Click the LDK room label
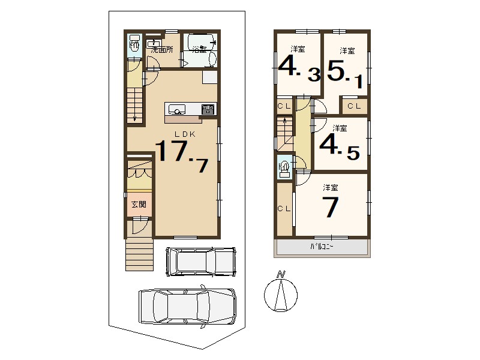[x=185, y=134]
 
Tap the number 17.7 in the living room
[x=182, y=155]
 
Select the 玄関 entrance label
[x=139, y=204]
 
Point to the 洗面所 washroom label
[x=162, y=50]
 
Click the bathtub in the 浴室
[x=200, y=43]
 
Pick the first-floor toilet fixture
[x=134, y=44]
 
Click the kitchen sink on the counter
[x=175, y=109]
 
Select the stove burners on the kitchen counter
[x=208, y=109]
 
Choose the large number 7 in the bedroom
[x=331, y=207]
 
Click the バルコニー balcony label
[x=322, y=247]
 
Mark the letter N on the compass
[x=281, y=274]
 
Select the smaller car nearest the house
[x=201, y=262]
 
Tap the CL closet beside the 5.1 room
[x=355, y=106]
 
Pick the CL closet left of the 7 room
[x=284, y=209]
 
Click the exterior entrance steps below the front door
[x=139, y=254]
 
